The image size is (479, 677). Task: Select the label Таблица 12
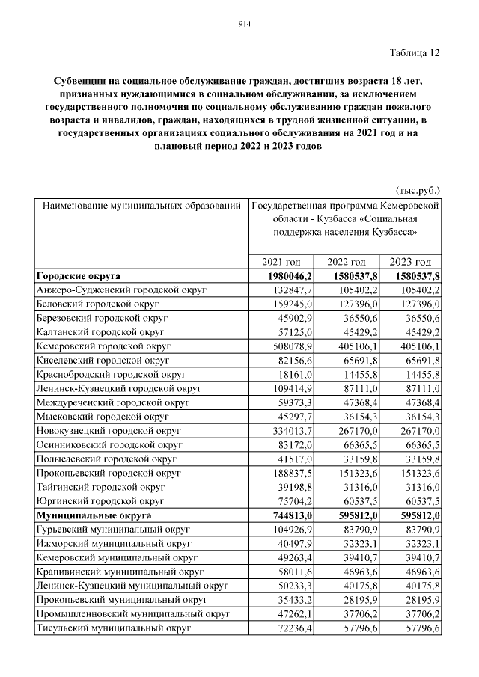point(415,52)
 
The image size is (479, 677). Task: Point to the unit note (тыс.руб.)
point(418,190)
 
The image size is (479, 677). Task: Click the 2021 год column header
point(281,262)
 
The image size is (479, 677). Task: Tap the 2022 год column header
point(347,262)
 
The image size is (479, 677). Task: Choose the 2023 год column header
point(412,262)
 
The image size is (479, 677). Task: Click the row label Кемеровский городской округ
point(103,346)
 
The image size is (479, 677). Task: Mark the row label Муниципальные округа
point(93,515)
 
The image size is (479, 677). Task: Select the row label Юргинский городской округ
point(98,501)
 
